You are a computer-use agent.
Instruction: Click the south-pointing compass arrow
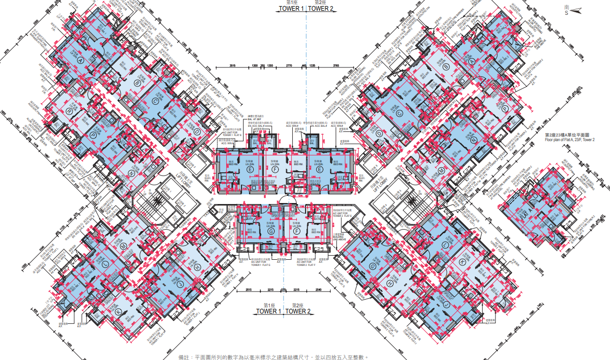coord(575,9)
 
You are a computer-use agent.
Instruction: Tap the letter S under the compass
coord(566,14)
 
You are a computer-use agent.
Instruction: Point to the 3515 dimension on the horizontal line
coord(232,66)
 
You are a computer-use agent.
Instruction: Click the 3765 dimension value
coord(336,66)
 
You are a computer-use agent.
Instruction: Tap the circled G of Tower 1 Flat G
coord(271,232)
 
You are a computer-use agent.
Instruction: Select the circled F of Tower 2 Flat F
coord(297,232)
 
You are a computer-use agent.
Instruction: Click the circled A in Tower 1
coord(80,60)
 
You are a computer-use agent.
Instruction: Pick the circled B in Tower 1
coord(137,83)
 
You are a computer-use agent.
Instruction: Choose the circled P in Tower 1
coord(93,134)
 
